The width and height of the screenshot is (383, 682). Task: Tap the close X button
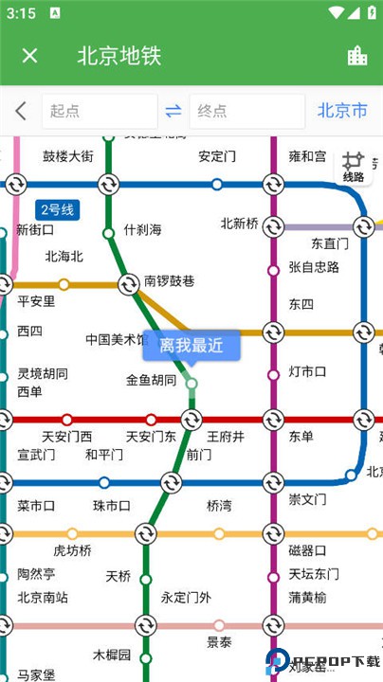[29, 55]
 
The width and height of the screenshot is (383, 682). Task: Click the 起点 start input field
[98, 112]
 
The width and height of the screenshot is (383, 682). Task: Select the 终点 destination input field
[245, 112]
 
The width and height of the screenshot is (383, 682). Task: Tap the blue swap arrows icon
[173, 112]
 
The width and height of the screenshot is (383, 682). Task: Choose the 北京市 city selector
[342, 112]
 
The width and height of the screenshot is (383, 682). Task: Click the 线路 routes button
[354, 167]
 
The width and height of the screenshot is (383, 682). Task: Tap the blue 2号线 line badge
[56, 209]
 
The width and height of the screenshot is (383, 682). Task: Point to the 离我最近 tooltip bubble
[191, 346]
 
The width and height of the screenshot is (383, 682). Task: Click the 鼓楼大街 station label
[68, 156]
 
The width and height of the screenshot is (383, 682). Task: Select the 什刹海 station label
[142, 230]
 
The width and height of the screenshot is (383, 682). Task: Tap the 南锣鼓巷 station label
[169, 281]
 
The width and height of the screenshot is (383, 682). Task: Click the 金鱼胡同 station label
[152, 380]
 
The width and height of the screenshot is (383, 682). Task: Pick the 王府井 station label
[226, 436]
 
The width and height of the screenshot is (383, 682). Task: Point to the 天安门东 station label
[152, 436]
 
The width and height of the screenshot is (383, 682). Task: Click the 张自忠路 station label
[314, 267]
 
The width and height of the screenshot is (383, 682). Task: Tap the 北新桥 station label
[239, 224]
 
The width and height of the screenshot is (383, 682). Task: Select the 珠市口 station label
[112, 505]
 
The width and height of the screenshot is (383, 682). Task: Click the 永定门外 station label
[186, 597]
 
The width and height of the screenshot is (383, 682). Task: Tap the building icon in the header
[357, 55]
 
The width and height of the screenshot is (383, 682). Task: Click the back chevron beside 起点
[21, 112]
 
